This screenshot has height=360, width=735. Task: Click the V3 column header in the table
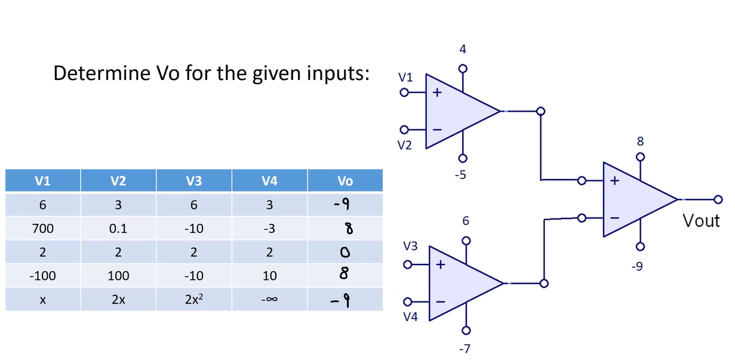pos(194,180)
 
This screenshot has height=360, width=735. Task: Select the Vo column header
pos(345,180)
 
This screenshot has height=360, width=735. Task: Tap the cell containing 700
pos(42,229)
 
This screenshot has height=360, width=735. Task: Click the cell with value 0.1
pos(118,229)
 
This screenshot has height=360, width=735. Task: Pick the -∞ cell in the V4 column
pos(269,299)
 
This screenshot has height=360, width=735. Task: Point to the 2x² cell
pos(194,299)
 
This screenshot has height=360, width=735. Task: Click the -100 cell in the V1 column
pos(42,276)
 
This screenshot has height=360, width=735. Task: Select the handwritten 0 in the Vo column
pos(345,252)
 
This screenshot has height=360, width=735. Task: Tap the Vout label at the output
pos(701,220)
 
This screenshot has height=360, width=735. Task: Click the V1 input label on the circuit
pos(405,78)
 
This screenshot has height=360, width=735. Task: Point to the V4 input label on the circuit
pos(410,316)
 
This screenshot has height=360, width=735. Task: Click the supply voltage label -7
pos(465,349)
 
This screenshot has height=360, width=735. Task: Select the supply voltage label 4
pos(463,49)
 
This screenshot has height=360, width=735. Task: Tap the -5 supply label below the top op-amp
pos(460,175)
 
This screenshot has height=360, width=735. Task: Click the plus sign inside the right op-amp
pos(614,180)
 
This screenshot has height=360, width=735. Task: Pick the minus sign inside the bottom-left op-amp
pos(441,301)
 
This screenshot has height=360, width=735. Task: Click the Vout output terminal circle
pos(718,199)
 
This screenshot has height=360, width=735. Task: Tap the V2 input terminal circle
pos(404,130)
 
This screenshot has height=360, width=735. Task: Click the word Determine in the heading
pos(102,73)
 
